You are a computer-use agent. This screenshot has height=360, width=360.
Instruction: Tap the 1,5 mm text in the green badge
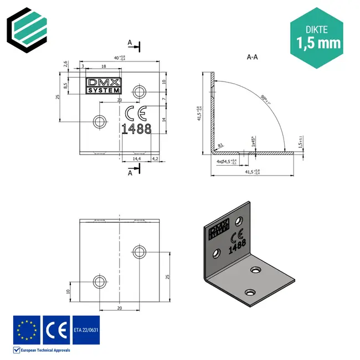pos(318,42)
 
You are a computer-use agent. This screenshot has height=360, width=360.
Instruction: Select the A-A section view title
pos(252,56)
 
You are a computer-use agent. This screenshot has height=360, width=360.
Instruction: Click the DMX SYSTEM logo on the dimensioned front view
pos(102,85)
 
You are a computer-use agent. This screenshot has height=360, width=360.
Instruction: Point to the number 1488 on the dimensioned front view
pos(136,129)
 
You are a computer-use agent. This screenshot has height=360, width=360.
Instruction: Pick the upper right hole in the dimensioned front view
pos(138,91)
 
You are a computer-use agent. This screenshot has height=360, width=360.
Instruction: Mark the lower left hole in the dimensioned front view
pos(100,120)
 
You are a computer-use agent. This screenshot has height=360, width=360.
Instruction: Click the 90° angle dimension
pos(266,100)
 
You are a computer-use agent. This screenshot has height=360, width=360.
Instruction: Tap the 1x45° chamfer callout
pos(253,142)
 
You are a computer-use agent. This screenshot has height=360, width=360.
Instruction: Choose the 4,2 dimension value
pos(155,159)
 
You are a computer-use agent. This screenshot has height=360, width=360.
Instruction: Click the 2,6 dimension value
pos(65,65)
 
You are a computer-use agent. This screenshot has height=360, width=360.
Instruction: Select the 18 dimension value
pos(104,66)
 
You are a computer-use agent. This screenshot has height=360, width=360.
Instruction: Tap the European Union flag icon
pos(27,330)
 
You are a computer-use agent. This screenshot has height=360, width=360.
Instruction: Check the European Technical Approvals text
pos(45,350)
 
